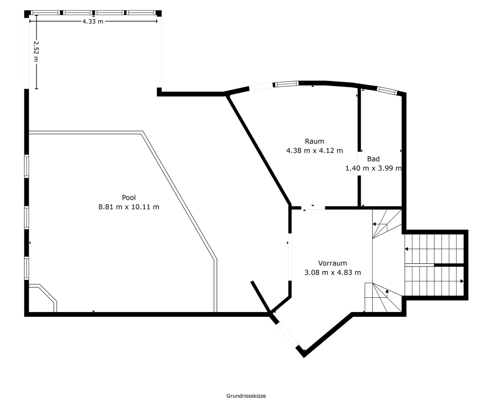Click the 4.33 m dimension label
93,21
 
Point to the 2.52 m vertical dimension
36,51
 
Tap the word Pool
129,198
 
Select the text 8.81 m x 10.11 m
129,207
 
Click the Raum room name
315,141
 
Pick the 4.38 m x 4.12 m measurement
315,150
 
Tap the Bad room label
373,159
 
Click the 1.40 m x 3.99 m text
373,168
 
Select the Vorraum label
332,263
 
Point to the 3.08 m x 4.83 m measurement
332,272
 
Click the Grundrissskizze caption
246,396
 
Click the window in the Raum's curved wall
286,84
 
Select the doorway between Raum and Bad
359,164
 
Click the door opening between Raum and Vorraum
313,208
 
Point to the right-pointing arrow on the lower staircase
462,281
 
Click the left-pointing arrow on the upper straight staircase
407,249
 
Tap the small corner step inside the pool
43,298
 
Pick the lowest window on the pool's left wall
27,269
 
